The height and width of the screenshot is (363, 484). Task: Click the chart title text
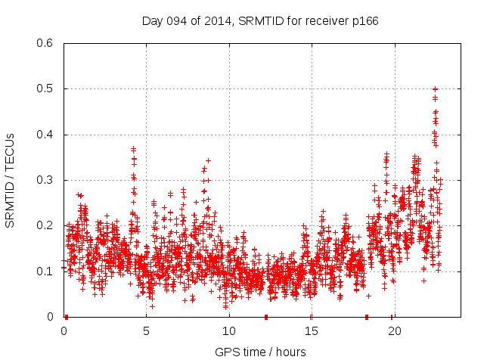pyautogui.click(x=260, y=20)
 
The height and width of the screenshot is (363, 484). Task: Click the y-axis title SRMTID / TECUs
pyautogui.click(x=10, y=180)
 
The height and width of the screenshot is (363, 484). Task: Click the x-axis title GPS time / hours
pyautogui.click(x=260, y=352)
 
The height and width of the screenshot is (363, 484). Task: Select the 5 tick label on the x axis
pyautogui.click(x=146, y=331)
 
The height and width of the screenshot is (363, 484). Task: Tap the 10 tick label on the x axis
pyautogui.click(x=228, y=331)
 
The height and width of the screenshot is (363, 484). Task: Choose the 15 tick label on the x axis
pyautogui.click(x=311, y=331)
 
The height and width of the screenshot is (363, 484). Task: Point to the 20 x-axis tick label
pyautogui.click(x=393, y=331)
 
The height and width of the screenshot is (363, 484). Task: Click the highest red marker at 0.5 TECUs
pyautogui.click(x=435, y=88)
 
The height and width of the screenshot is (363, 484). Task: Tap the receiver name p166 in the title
pyautogui.click(x=365, y=20)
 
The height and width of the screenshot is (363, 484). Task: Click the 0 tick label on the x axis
pyautogui.click(x=64, y=331)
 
